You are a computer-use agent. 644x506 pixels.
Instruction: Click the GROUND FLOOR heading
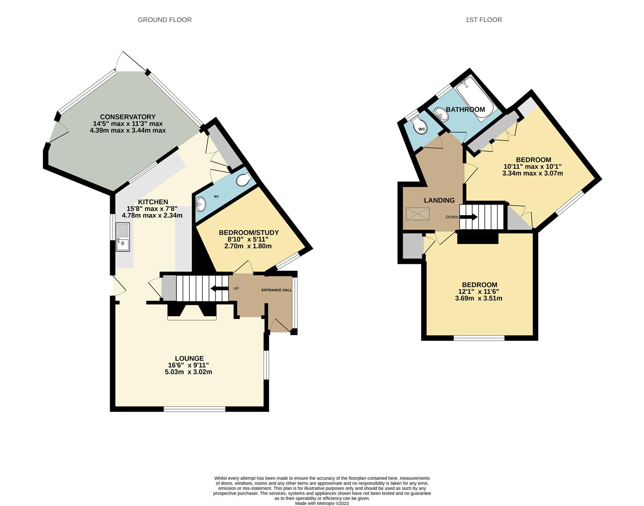point(164,20)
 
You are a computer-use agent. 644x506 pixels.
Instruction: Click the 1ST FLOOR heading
point(483,20)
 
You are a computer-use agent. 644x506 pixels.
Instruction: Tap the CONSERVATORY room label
point(127,117)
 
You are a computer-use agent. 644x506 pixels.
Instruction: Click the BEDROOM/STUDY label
point(249,232)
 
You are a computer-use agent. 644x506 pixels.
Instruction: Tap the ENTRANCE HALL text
point(276,290)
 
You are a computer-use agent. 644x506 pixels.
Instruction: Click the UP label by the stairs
point(236,288)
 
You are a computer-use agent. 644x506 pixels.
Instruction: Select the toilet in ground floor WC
point(243,180)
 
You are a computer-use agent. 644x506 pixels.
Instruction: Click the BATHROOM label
point(465,110)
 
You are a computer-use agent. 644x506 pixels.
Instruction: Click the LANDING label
point(439,201)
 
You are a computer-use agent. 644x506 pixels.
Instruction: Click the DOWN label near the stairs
point(452,217)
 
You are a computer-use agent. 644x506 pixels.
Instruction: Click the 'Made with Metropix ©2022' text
point(322,503)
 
